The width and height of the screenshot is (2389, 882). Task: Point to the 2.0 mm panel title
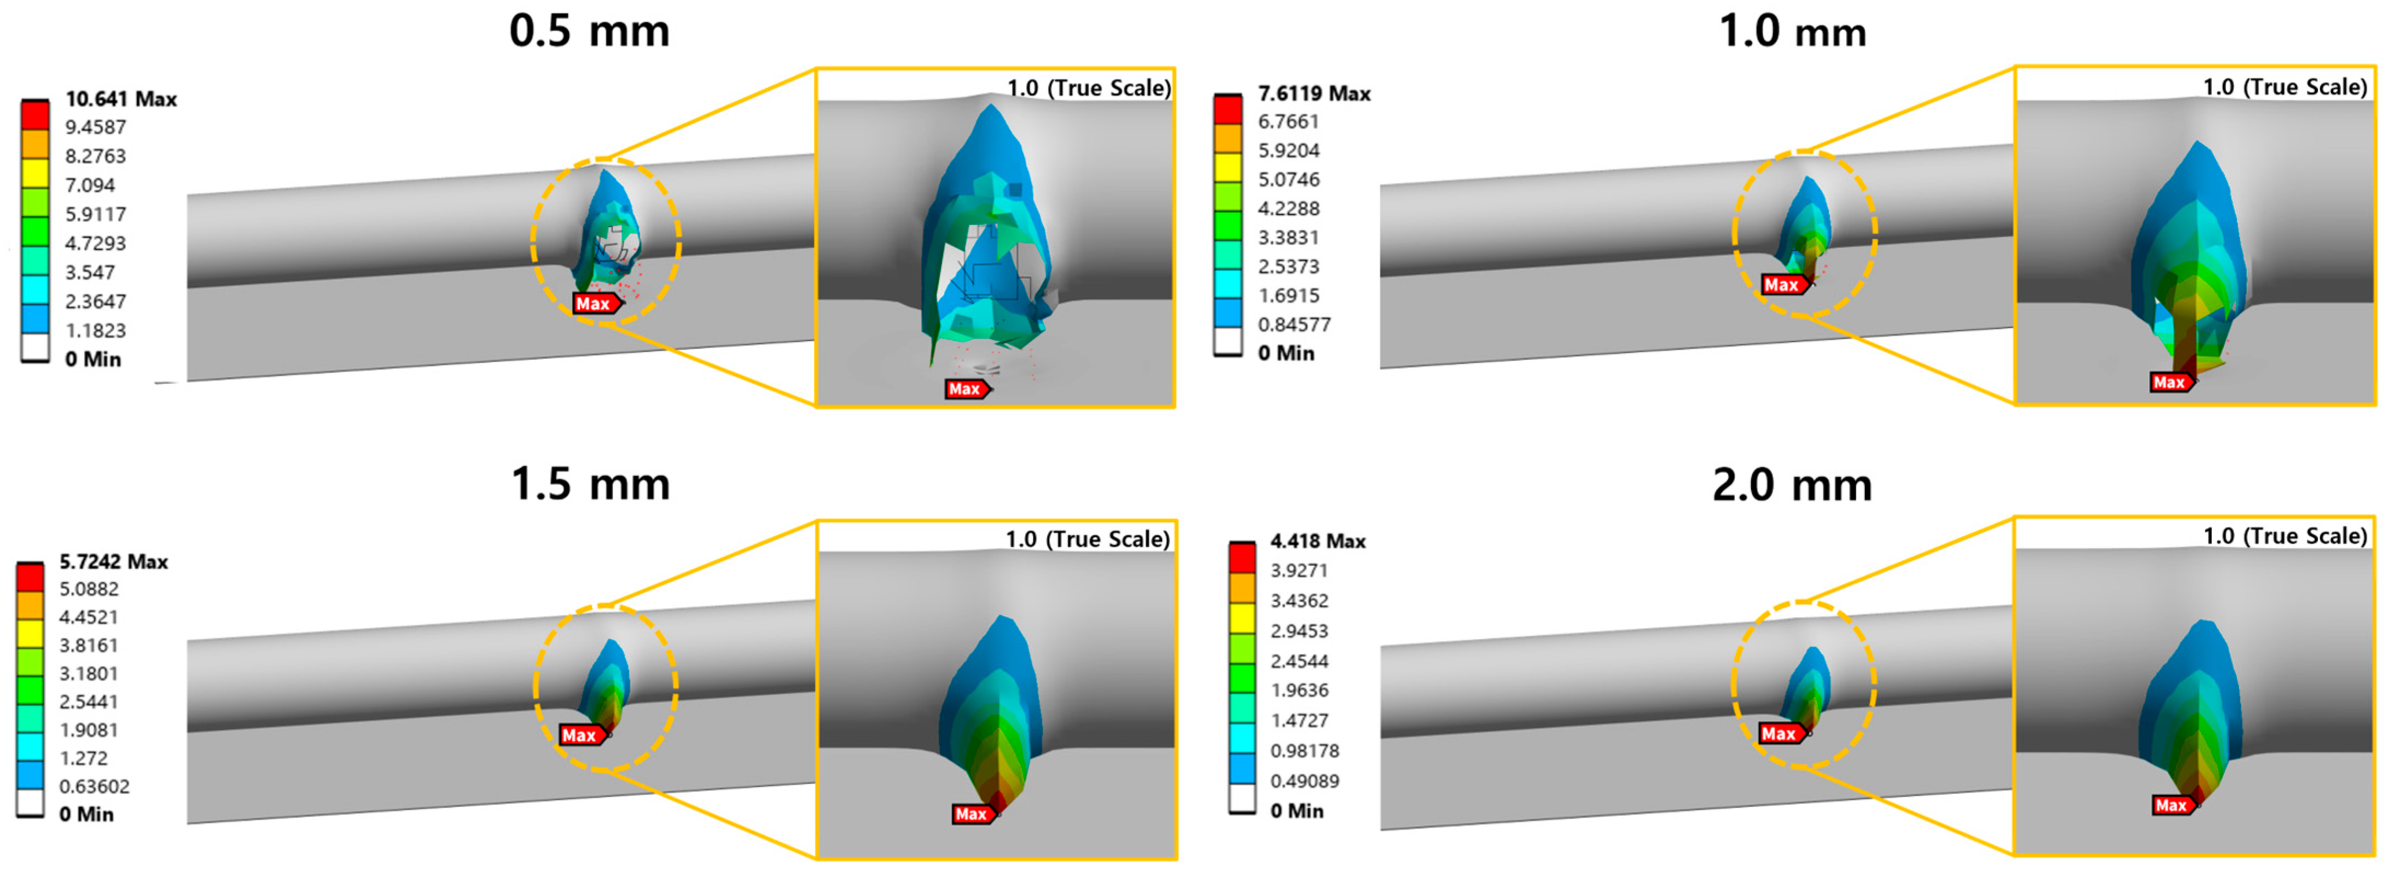(x=1793, y=484)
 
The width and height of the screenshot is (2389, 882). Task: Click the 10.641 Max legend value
(x=120, y=98)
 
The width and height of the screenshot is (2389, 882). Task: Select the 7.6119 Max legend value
(x=1314, y=93)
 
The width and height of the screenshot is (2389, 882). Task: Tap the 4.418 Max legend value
(x=1318, y=541)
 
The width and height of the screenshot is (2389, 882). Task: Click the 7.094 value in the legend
(x=90, y=184)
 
